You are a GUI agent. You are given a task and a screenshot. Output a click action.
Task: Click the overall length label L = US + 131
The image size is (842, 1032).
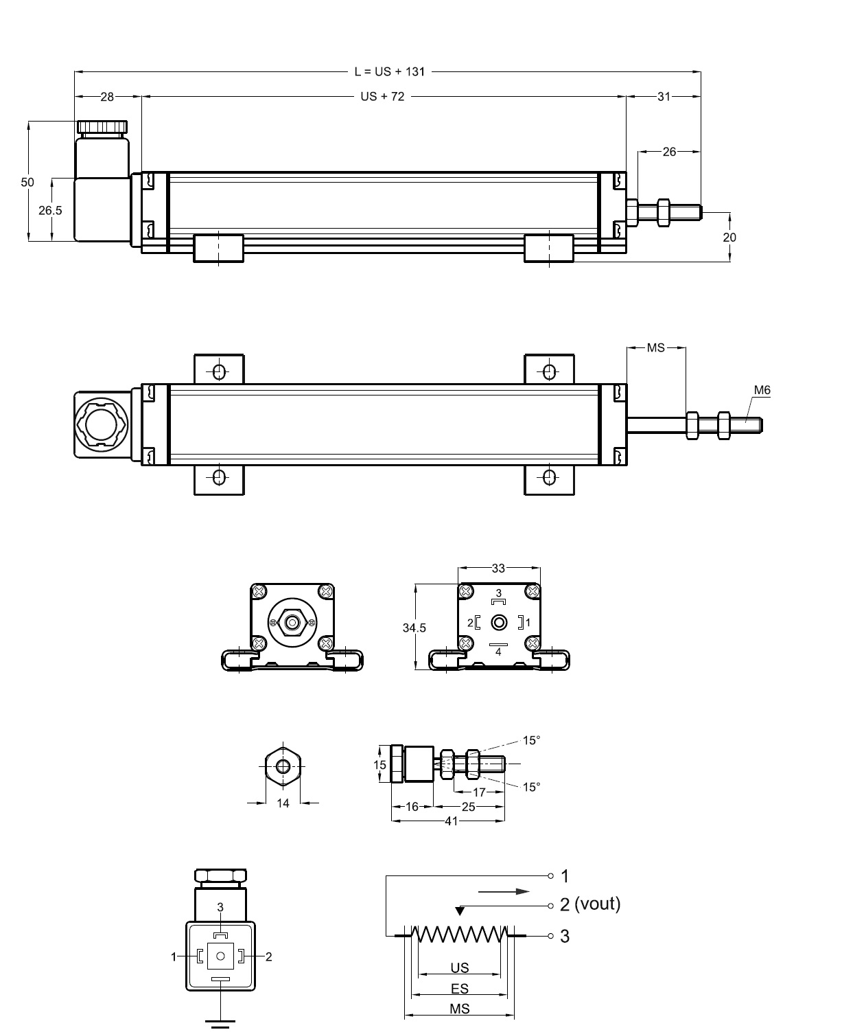(x=389, y=71)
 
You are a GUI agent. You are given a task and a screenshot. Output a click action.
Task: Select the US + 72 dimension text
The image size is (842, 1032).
(x=382, y=97)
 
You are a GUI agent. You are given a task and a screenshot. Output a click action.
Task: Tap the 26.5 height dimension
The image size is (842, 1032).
(x=50, y=210)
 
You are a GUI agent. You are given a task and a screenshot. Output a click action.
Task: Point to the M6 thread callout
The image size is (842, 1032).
(x=762, y=390)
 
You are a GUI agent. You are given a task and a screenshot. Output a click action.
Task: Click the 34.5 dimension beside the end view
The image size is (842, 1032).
(x=414, y=628)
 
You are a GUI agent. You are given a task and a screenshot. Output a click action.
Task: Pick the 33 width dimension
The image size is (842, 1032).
(x=498, y=568)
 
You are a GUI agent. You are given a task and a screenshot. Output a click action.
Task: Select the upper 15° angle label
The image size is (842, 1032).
(x=531, y=740)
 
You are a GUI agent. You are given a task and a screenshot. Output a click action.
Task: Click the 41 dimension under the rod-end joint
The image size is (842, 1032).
(x=450, y=821)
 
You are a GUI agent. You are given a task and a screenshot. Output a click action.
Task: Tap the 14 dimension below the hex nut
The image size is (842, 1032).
(x=283, y=803)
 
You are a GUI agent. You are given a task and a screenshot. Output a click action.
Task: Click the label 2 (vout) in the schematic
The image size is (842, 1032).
(x=589, y=904)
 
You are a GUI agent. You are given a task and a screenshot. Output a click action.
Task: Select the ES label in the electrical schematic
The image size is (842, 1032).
(x=460, y=989)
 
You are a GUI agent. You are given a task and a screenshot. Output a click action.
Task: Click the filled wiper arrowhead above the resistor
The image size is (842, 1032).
(x=460, y=911)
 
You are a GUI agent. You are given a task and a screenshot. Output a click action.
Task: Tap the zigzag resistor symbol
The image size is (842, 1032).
(x=459, y=934)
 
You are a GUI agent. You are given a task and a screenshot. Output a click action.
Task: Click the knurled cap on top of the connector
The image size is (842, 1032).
(x=102, y=127)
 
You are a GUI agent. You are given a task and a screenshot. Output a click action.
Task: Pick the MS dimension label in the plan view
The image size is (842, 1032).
(x=656, y=348)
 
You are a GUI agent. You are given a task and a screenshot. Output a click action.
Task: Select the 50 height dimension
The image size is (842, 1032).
(x=27, y=182)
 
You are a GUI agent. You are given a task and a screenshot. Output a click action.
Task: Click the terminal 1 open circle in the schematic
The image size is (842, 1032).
(x=550, y=876)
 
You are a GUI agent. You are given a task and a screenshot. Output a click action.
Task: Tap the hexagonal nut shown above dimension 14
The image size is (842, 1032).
(x=283, y=765)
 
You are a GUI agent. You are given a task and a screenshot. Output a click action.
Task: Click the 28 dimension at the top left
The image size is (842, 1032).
(x=107, y=97)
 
